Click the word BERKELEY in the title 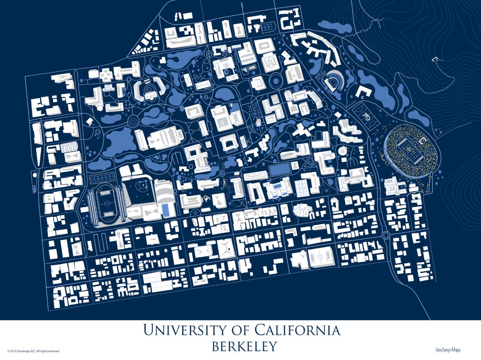[244, 346]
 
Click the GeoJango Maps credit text [448, 349]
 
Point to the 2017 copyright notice [34, 351]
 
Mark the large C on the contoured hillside [433, 59]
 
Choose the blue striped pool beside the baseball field [166, 209]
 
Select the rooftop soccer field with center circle [321, 256]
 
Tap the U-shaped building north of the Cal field [363, 91]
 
